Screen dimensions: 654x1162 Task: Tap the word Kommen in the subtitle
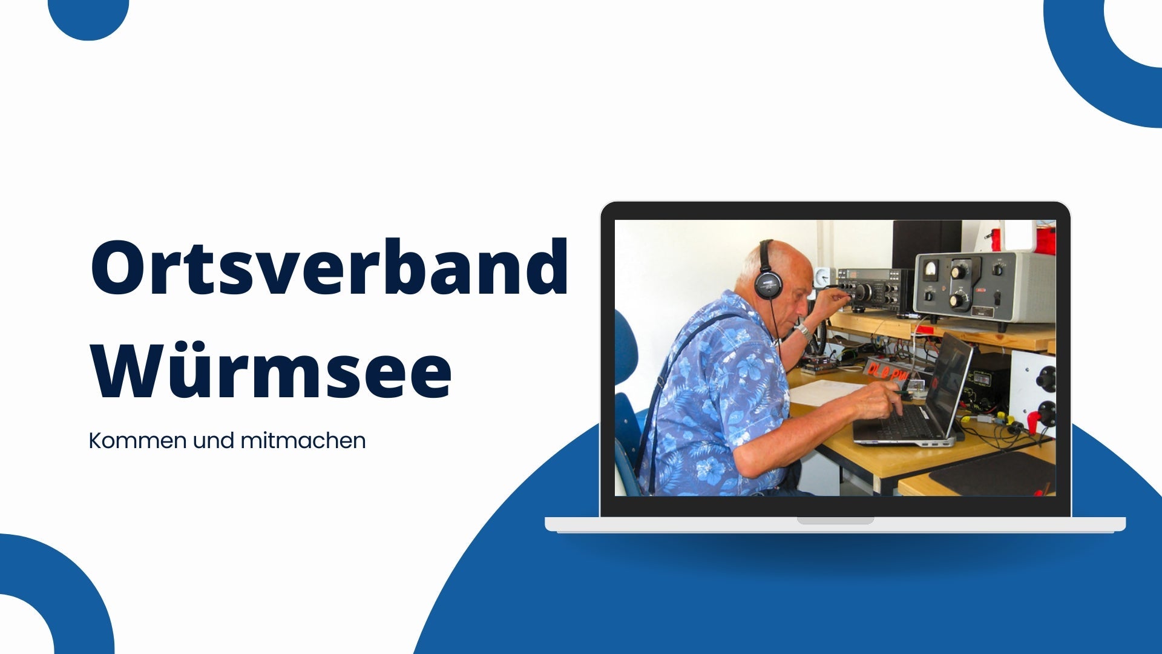[137, 440]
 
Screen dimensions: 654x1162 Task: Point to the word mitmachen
[303, 440]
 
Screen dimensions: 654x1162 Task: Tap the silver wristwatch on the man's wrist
[803, 330]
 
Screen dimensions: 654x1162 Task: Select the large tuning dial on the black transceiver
[862, 292]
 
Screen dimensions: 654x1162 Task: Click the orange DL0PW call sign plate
[887, 371]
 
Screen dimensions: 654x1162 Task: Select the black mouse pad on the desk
[993, 473]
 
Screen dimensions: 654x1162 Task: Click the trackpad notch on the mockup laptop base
[835, 520]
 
